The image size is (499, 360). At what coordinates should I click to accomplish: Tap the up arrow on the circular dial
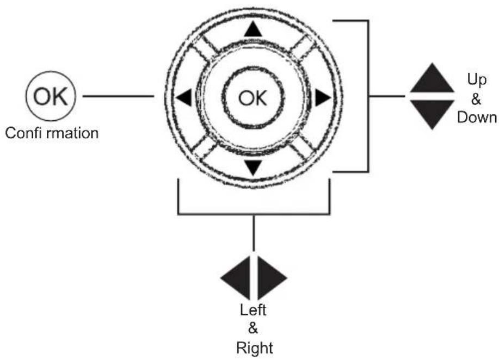click(x=253, y=29)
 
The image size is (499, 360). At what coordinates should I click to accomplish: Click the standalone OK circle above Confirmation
click(x=51, y=96)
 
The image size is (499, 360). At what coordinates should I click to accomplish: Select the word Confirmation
click(x=52, y=133)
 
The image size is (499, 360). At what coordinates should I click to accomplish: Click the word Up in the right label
click(x=477, y=79)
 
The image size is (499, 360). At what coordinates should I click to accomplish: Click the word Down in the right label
click(x=477, y=117)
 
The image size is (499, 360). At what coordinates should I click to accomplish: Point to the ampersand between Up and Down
click(x=476, y=99)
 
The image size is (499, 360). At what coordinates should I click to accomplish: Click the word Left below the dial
click(x=253, y=310)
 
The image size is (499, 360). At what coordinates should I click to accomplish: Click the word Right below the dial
click(x=255, y=348)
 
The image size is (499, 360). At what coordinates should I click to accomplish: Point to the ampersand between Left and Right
click(x=252, y=328)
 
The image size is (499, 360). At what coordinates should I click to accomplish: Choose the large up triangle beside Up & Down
click(x=432, y=78)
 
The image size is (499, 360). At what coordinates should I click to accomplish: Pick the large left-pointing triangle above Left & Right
click(x=236, y=277)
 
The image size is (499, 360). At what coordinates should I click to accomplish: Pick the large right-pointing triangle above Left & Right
click(x=272, y=277)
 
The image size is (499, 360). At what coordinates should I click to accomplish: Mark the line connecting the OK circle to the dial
click(x=119, y=96)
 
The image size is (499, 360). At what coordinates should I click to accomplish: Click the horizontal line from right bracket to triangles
click(x=387, y=95)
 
